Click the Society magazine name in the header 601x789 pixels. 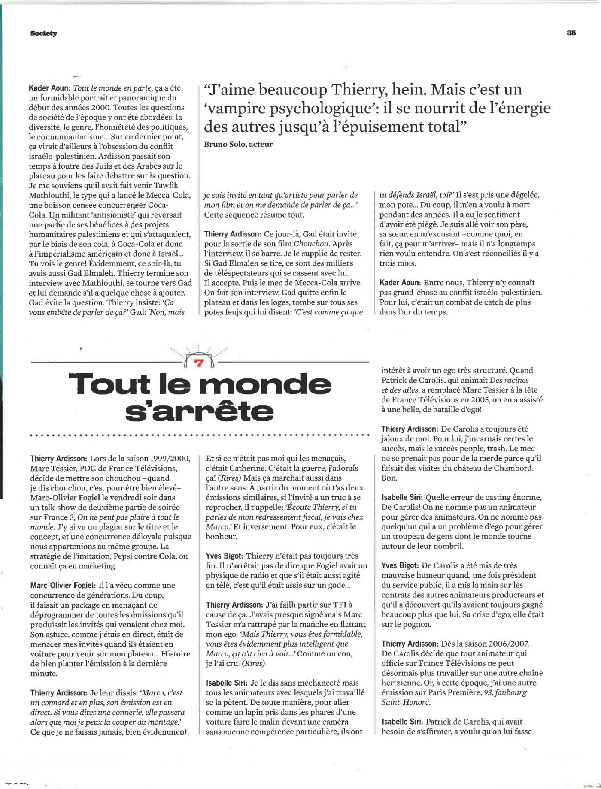pos(44,33)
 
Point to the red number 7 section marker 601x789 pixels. pos(198,363)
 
